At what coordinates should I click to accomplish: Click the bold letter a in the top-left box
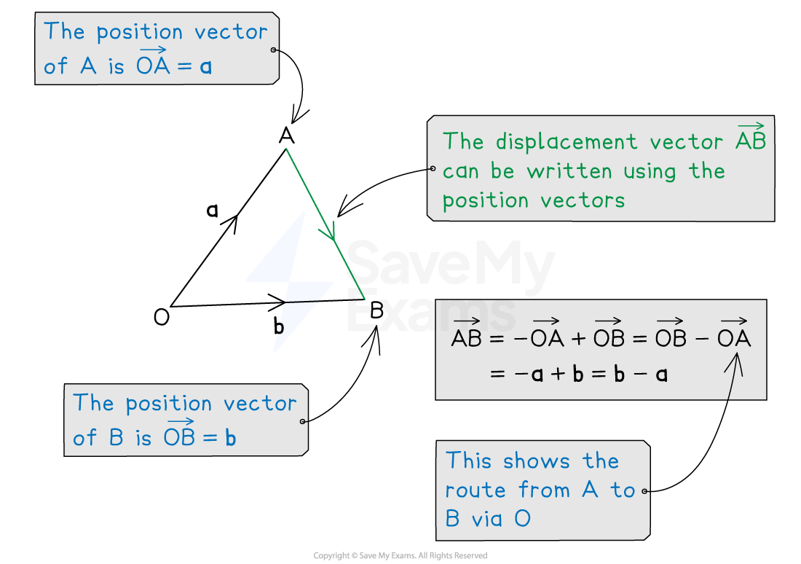(x=205, y=68)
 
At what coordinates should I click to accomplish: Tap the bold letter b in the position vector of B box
(x=230, y=439)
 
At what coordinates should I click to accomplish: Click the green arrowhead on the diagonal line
(x=330, y=232)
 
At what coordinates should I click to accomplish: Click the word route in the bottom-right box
(x=471, y=490)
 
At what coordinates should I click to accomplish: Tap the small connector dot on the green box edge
(x=431, y=168)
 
